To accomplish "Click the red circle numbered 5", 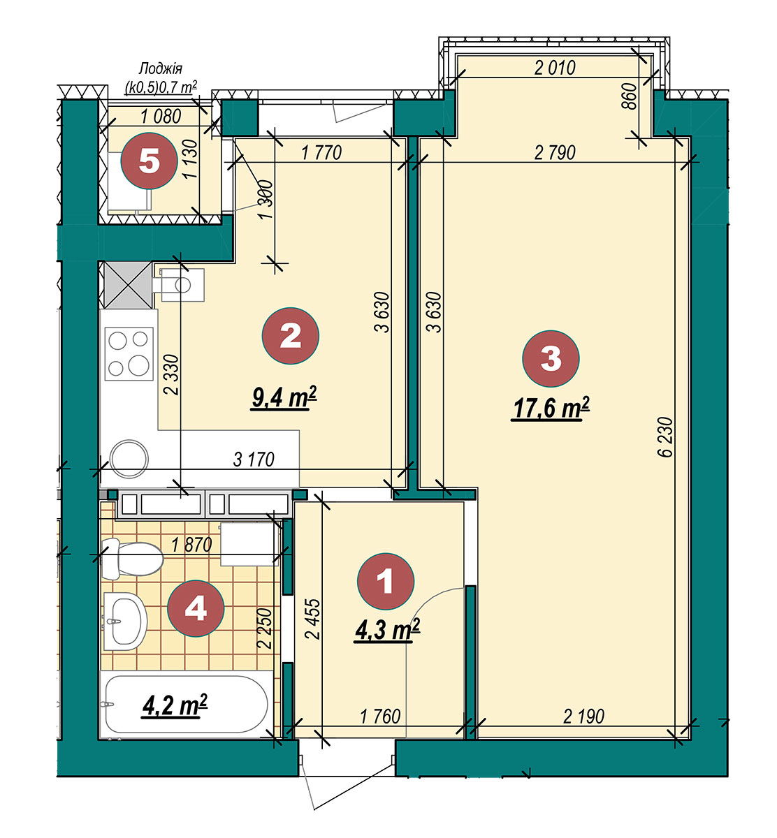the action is tap(149, 161).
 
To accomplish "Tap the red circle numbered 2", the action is tap(291, 336).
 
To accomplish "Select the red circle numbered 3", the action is tap(551, 358).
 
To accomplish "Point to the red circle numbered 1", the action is tap(385, 581).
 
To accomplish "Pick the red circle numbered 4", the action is tap(196, 608).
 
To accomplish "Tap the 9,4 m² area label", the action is tap(284, 398).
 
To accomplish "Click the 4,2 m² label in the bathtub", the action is tap(175, 706).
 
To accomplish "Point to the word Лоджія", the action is tap(161, 68).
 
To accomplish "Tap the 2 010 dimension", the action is tap(555, 68).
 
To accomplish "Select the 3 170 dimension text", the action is tap(254, 460).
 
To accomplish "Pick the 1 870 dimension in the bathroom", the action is tap(191, 545).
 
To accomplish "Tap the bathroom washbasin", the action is tap(125, 621).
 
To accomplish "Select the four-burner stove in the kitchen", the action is tap(129, 353).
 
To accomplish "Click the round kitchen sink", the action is tap(129, 459).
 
